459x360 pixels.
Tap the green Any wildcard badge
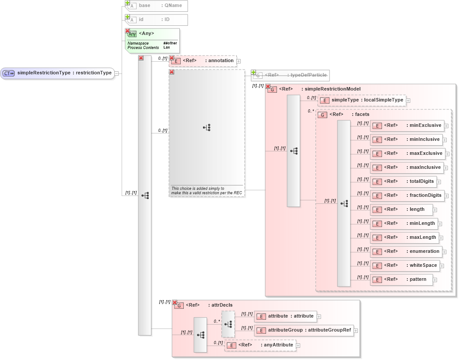(x=132, y=34)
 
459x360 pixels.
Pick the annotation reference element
(x=203, y=61)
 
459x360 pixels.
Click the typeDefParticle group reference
(x=291, y=75)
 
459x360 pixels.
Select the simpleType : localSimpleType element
(x=362, y=100)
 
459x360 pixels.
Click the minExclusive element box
(x=407, y=126)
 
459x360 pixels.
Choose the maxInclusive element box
(x=407, y=168)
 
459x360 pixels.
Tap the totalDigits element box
(x=403, y=182)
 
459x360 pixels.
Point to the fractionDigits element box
(x=407, y=196)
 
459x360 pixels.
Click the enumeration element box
(x=406, y=252)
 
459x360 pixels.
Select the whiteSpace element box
(x=405, y=266)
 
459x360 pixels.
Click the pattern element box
(x=401, y=280)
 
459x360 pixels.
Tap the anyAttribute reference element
(x=260, y=345)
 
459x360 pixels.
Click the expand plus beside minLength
(x=440, y=224)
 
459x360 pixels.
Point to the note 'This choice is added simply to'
(x=197, y=189)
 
